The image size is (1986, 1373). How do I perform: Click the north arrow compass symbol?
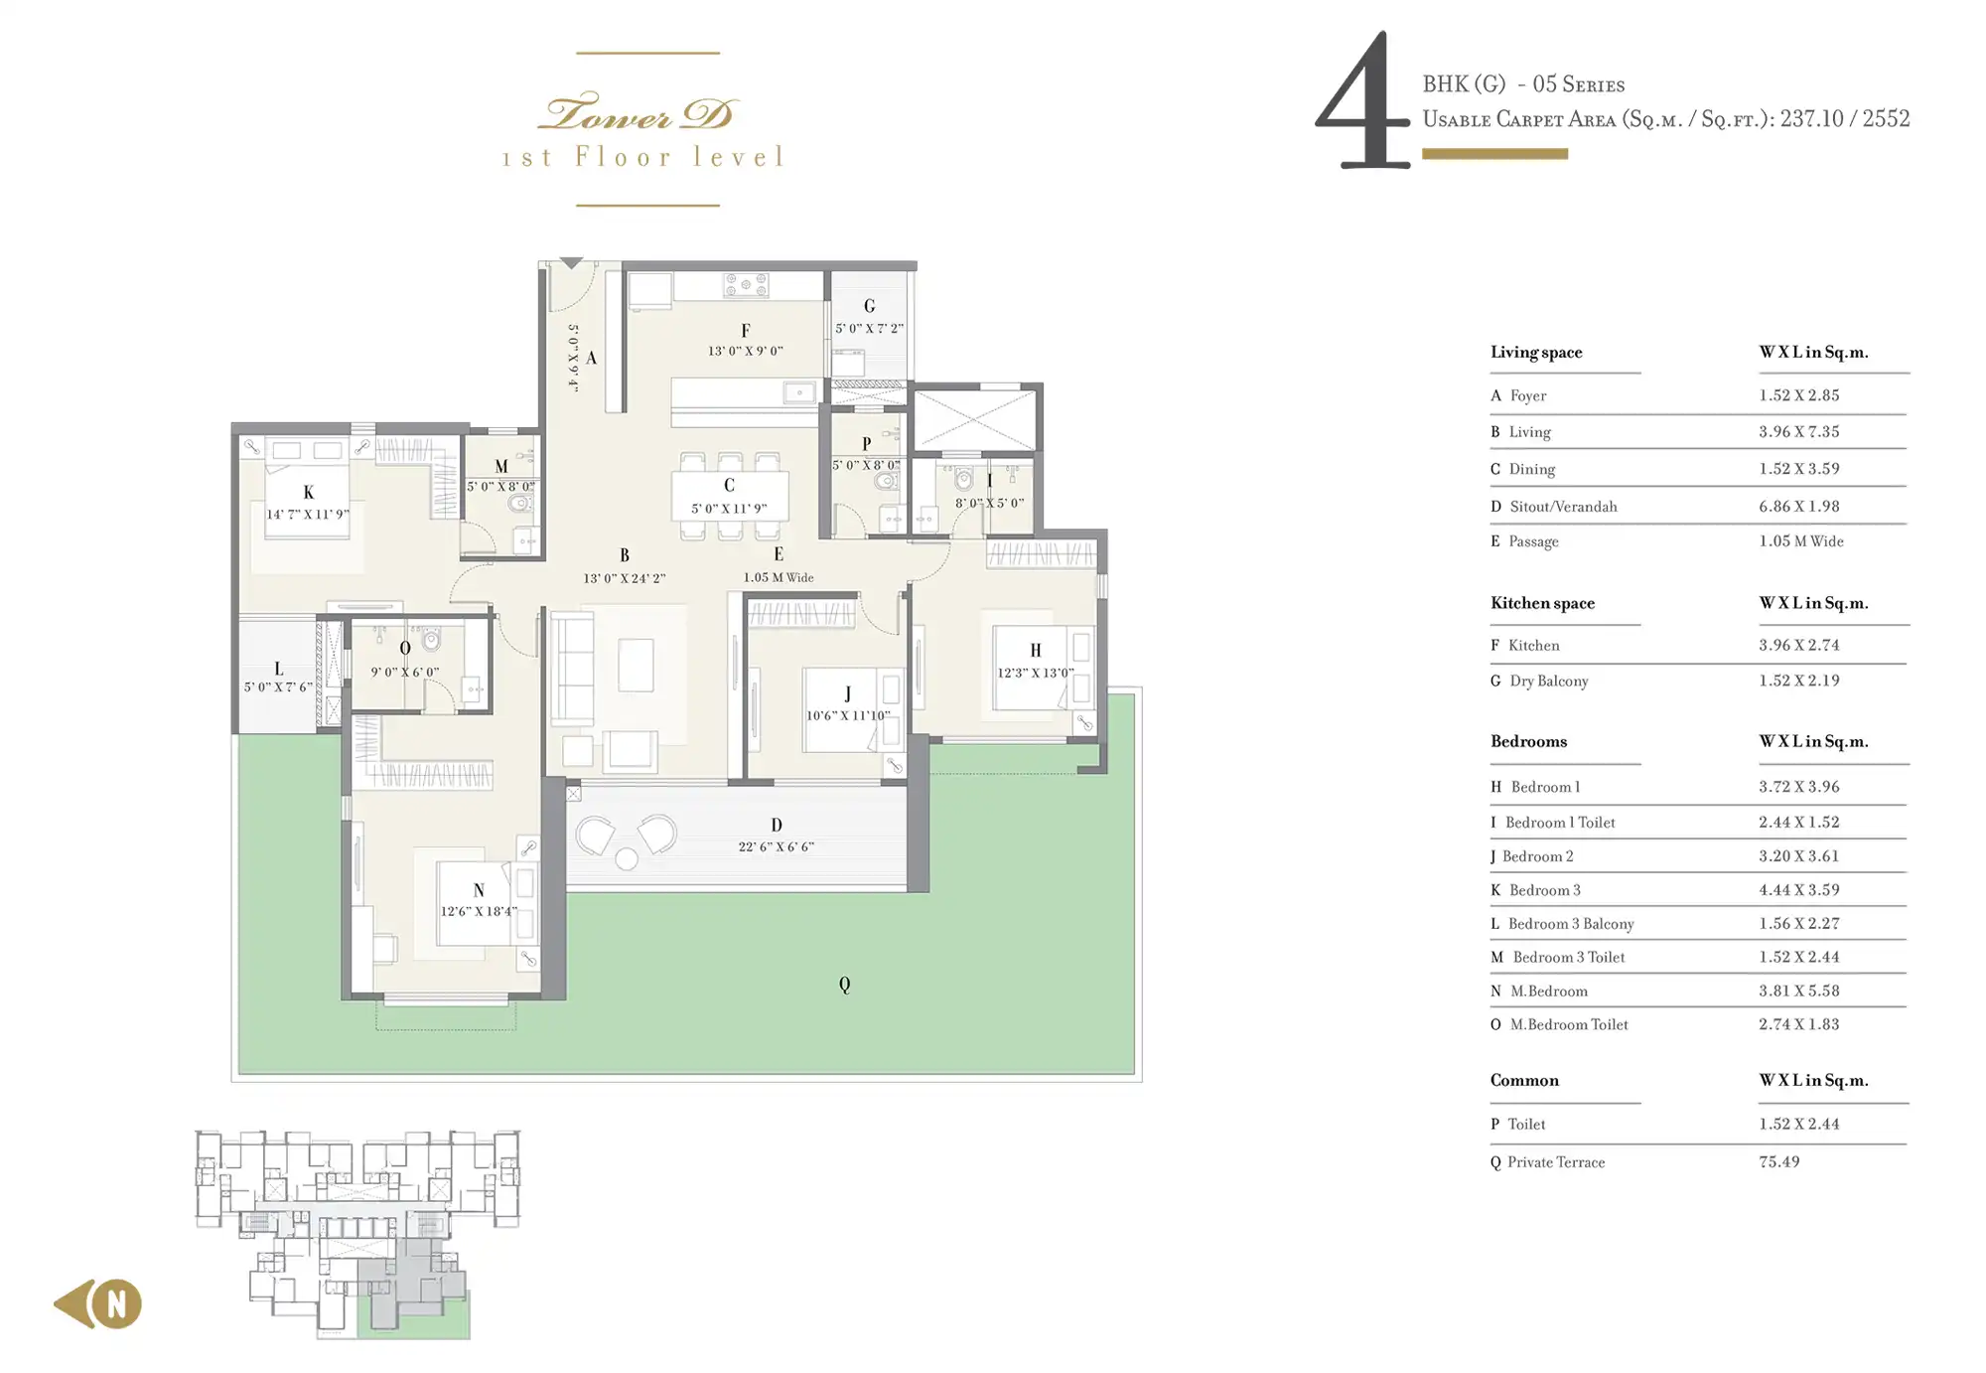(x=98, y=1303)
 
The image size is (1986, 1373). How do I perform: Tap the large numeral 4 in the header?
(x=1362, y=99)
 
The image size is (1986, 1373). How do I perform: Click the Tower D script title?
(x=637, y=112)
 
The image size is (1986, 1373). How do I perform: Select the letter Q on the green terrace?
(x=844, y=985)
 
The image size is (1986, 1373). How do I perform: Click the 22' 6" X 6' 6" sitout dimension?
(x=777, y=847)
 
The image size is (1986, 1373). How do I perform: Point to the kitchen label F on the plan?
(x=746, y=331)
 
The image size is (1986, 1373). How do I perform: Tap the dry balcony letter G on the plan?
(x=869, y=306)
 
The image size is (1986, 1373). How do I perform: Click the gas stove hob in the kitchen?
(x=746, y=285)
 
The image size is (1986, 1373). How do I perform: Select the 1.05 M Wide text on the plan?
(x=779, y=577)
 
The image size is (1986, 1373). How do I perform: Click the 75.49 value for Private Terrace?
(x=1778, y=1161)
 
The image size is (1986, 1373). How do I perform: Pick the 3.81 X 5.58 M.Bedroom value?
(x=1798, y=991)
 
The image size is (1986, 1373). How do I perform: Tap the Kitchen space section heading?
(x=1542, y=603)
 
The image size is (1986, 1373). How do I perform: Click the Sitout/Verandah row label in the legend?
(x=1563, y=507)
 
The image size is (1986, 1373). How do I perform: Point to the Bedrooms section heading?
(x=1528, y=741)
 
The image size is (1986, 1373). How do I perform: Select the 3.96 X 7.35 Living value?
(x=1798, y=431)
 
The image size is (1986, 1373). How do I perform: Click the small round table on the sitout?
(x=627, y=858)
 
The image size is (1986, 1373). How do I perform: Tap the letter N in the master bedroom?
(x=479, y=891)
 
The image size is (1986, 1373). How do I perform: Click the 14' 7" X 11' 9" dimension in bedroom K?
(x=308, y=515)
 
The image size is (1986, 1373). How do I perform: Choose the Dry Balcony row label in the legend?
(x=1548, y=681)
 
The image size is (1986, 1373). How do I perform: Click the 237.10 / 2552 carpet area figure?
(x=1844, y=118)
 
